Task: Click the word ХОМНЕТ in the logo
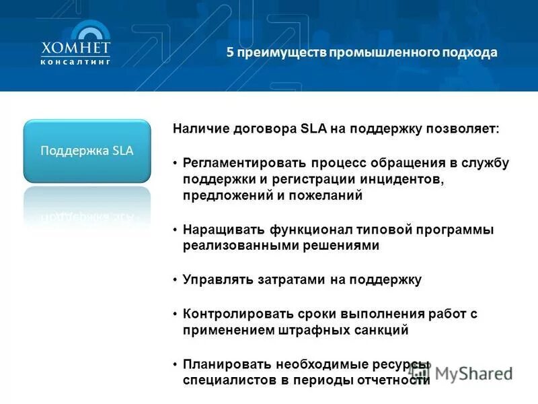tap(75, 48)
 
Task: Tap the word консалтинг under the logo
tap(75, 61)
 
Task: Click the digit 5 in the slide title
tap(229, 53)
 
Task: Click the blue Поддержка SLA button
tap(87, 151)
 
